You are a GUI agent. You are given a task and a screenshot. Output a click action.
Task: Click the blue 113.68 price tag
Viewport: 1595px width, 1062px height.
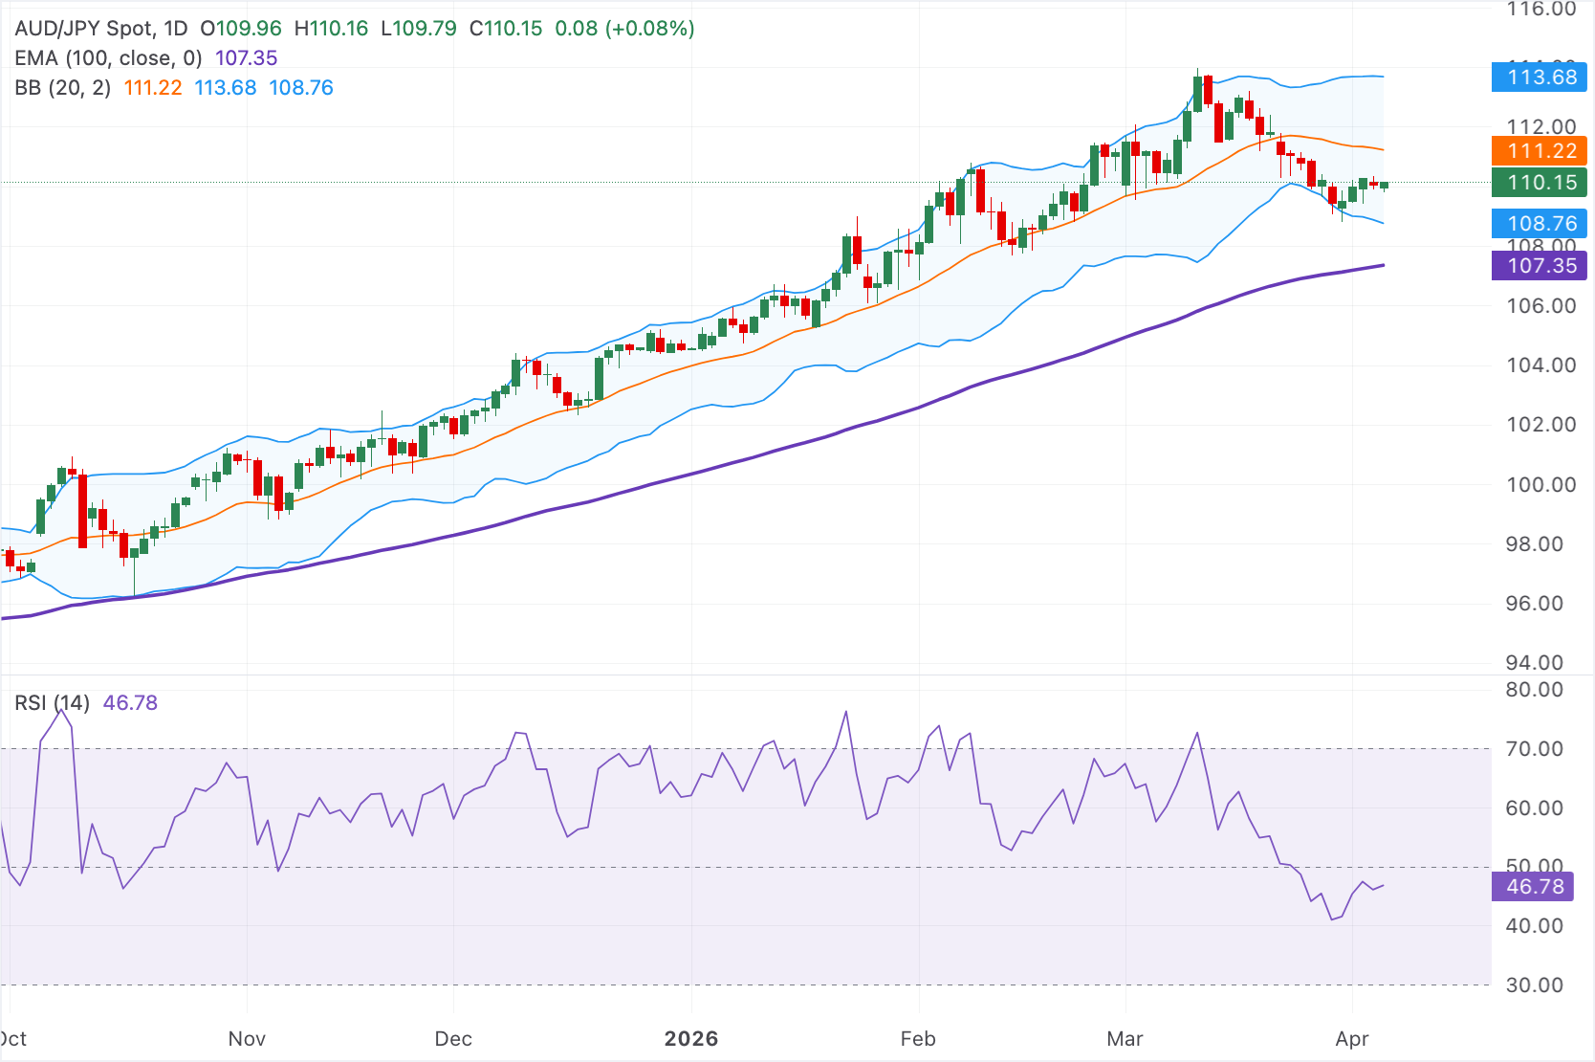[1539, 77]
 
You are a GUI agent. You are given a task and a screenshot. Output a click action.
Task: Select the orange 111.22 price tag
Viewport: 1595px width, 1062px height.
[1539, 151]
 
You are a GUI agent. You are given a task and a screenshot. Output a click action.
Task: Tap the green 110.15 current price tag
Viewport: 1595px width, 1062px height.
[1539, 183]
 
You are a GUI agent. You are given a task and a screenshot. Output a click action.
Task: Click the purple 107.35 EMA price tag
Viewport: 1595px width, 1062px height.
[1539, 266]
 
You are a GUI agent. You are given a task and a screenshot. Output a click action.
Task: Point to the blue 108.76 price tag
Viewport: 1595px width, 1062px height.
[1539, 224]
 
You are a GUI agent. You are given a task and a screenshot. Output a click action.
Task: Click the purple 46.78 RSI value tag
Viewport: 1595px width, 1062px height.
[1532, 887]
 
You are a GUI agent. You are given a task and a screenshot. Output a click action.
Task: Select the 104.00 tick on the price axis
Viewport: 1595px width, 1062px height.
[1540, 365]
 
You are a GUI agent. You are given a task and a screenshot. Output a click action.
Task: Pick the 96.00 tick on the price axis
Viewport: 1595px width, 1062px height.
[1540, 604]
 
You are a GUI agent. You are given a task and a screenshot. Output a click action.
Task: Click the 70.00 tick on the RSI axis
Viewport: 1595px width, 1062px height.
[1534, 749]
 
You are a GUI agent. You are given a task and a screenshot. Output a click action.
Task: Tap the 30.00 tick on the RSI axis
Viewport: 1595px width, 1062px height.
[1534, 985]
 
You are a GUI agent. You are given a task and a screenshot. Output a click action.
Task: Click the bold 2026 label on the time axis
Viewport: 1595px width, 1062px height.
[691, 1039]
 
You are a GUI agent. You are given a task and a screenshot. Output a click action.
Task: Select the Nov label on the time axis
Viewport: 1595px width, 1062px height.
[247, 1039]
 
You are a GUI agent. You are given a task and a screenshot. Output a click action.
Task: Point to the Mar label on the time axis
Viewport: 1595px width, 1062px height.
[1125, 1039]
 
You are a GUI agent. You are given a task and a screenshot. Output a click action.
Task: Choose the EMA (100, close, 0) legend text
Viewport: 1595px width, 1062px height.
[108, 58]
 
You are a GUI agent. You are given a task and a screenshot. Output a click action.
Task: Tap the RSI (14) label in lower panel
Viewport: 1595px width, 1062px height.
[52, 703]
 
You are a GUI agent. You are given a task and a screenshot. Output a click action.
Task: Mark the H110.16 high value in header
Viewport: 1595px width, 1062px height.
[331, 29]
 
